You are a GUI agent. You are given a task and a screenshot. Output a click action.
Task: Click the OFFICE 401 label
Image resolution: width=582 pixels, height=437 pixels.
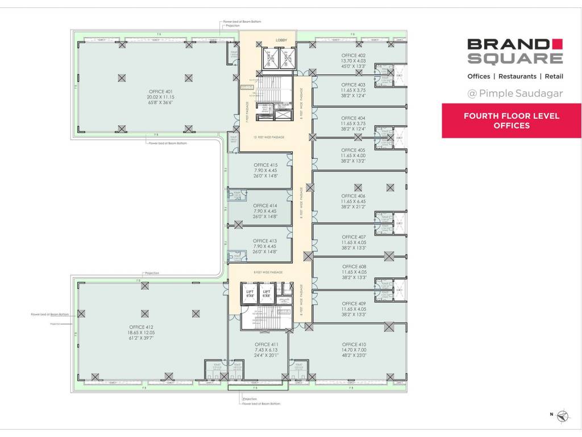[160, 92]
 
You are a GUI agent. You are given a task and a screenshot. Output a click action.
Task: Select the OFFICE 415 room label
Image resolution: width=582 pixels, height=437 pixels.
[265, 164]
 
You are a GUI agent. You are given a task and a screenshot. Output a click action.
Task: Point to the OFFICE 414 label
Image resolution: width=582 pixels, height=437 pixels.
[265, 205]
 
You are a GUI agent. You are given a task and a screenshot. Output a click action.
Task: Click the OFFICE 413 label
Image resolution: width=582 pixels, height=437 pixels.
[265, 241]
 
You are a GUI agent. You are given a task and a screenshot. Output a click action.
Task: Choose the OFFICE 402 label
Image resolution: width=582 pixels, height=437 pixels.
[353, 55]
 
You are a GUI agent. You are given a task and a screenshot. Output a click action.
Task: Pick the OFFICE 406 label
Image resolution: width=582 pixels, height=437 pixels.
[354, 196]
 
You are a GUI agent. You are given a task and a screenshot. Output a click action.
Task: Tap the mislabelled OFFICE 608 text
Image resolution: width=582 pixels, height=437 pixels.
[354, 266]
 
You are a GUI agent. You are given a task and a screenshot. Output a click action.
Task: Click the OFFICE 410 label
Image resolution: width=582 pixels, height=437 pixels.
[354, 344]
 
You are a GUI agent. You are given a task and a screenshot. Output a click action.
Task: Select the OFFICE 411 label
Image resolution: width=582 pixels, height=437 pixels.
[267, 345]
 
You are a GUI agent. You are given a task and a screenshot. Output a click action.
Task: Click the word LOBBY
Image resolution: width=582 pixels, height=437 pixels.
[282, 40]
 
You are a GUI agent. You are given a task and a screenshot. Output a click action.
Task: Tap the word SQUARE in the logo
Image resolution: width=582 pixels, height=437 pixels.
[515, 59]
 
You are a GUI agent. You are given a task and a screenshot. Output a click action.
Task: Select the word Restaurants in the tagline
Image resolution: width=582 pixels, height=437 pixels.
[517, 76]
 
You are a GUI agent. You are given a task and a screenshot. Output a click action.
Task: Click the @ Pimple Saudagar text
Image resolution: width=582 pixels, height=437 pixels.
[515, 93]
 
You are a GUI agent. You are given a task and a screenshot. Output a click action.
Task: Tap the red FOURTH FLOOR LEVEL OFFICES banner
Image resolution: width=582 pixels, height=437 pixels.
[512, 121]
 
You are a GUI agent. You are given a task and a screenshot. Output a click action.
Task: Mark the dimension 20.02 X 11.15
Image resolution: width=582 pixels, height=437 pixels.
[160, 97]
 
